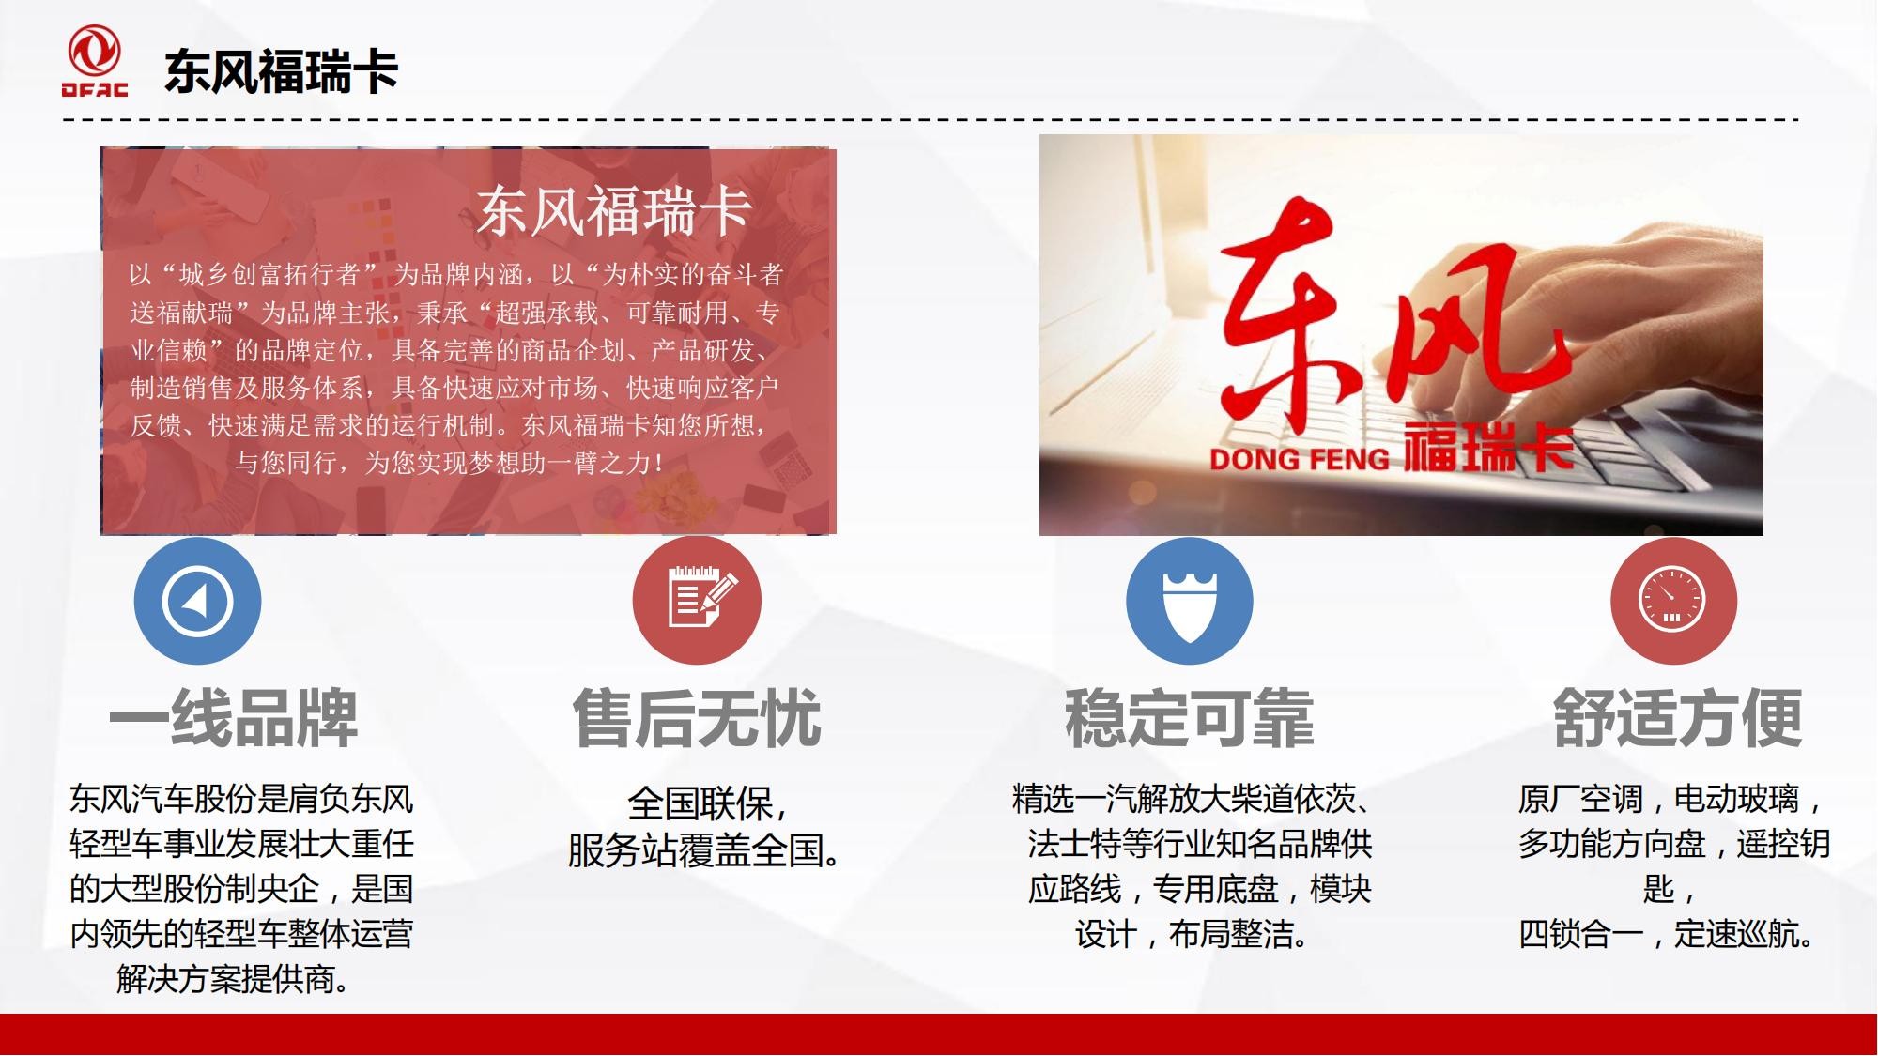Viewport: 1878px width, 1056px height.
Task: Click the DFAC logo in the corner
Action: pos(94,61)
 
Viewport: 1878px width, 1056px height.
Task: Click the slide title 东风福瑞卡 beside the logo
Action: pos(282,71)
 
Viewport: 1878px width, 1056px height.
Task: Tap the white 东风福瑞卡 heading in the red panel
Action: pos(614,210)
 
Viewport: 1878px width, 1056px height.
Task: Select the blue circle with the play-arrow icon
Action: pos(197,601)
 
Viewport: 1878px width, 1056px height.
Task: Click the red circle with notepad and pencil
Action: pos(697,601)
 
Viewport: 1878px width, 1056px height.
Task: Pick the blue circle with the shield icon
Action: pos(1190,601)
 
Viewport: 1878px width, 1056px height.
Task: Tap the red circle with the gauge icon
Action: pos(1673,601)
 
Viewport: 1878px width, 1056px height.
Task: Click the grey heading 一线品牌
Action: pos(234,719)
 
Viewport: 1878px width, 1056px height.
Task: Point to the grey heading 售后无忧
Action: pos(697,719)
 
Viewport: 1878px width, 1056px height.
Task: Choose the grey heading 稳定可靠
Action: pos(1189,719)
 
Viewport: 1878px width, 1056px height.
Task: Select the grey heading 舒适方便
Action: pos(1678,719)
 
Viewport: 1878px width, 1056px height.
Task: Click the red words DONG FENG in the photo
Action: pos(1299,459)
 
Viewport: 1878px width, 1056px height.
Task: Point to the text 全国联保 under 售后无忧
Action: pos(699,803)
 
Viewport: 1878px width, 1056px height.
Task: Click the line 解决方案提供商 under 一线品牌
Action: pos(234,979)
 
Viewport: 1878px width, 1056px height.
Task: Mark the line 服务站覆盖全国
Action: pos(704,849)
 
